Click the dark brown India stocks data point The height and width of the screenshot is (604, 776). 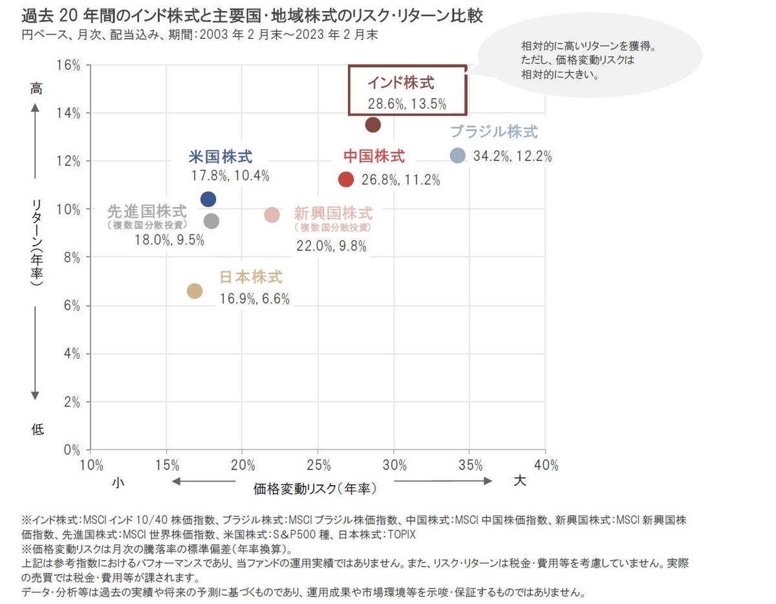coord(372,125)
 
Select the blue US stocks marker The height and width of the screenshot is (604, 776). coord(208,199)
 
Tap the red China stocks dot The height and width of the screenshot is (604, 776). coord(346,179)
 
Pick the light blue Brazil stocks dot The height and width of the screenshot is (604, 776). coord(457,155)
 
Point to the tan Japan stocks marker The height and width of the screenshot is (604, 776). coord(195,291)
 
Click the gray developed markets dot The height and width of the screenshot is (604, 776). coord(211,221)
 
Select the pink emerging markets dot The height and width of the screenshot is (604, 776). coord(272,215)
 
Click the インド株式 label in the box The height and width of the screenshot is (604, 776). coord(401,83)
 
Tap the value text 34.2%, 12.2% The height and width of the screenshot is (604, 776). coord(513,156)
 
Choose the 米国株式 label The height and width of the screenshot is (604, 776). coord(221,156)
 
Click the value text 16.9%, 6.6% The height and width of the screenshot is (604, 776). coord(254,299)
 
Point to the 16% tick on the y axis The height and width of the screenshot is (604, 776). coord(69,65)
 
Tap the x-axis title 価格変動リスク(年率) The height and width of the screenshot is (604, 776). coord(315,489)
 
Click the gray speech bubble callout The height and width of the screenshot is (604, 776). coord(588,61)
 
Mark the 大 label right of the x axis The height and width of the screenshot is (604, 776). coord(519,481)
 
